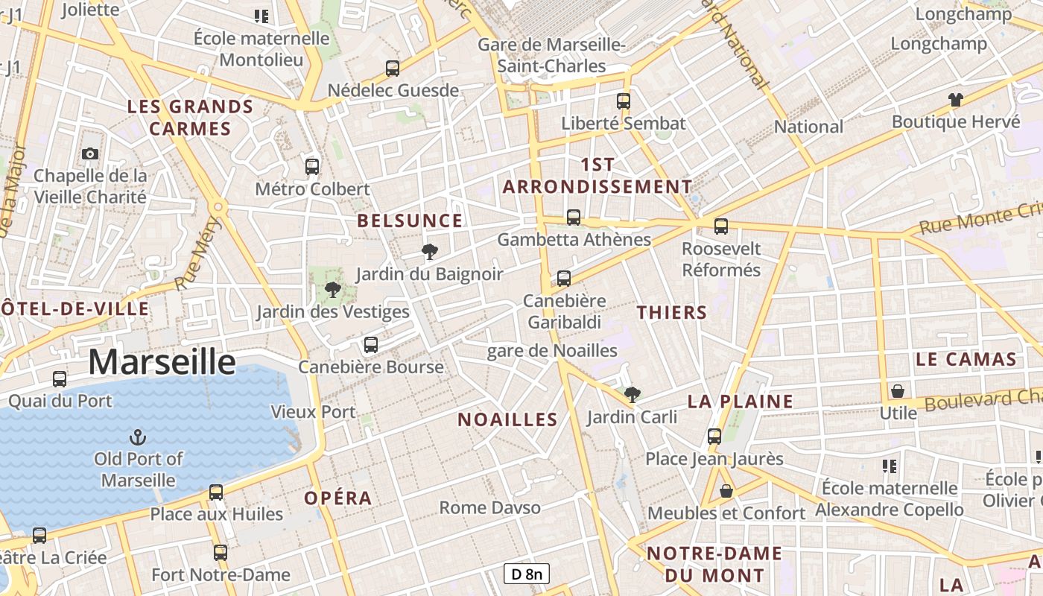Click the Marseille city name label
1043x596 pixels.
click(x=162, y=362)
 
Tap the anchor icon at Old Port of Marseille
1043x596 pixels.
click(x=138, y=437)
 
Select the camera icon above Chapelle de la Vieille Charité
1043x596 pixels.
click(x=90, y=153)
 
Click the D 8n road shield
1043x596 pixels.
click(x=527, y=574)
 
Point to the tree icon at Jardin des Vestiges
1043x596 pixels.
click(x=332, y=290)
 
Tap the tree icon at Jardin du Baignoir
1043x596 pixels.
click(x=429, y=252)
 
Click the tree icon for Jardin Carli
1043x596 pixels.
click(x=632, y=394)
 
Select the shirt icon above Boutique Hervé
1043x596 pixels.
click(x=955, y=99)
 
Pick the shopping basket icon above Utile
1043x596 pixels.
click(x=898, y=390)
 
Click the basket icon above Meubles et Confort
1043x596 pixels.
click(x=726, y=491)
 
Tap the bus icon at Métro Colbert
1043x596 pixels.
click(x=312, y=167)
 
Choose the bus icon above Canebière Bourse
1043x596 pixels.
click(x=371, y=345)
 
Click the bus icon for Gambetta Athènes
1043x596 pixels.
click(x=574, y=218)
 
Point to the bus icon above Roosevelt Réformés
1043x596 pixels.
click(x=720, y=226)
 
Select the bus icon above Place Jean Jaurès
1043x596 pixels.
click(x=714, y=437)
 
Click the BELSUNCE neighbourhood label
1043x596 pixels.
click(x=410, y=221)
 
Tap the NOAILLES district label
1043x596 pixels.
click(x=507, y=419)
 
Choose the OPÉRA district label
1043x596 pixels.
click(x=337, y=498)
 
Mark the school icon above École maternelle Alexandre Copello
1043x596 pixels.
click(x=889, y=466)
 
